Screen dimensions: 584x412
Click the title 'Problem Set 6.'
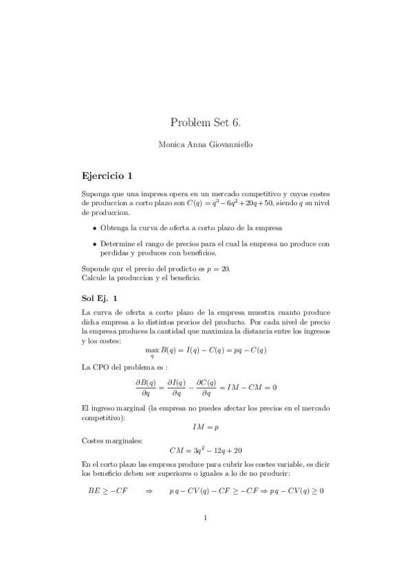click(206, 123)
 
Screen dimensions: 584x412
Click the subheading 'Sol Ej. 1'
click(100, 298)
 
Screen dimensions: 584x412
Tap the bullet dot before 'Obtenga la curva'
click(94, 228)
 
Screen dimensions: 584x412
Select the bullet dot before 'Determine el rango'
click(94, 244)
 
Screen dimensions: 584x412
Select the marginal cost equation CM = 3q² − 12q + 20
click(206, 451)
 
